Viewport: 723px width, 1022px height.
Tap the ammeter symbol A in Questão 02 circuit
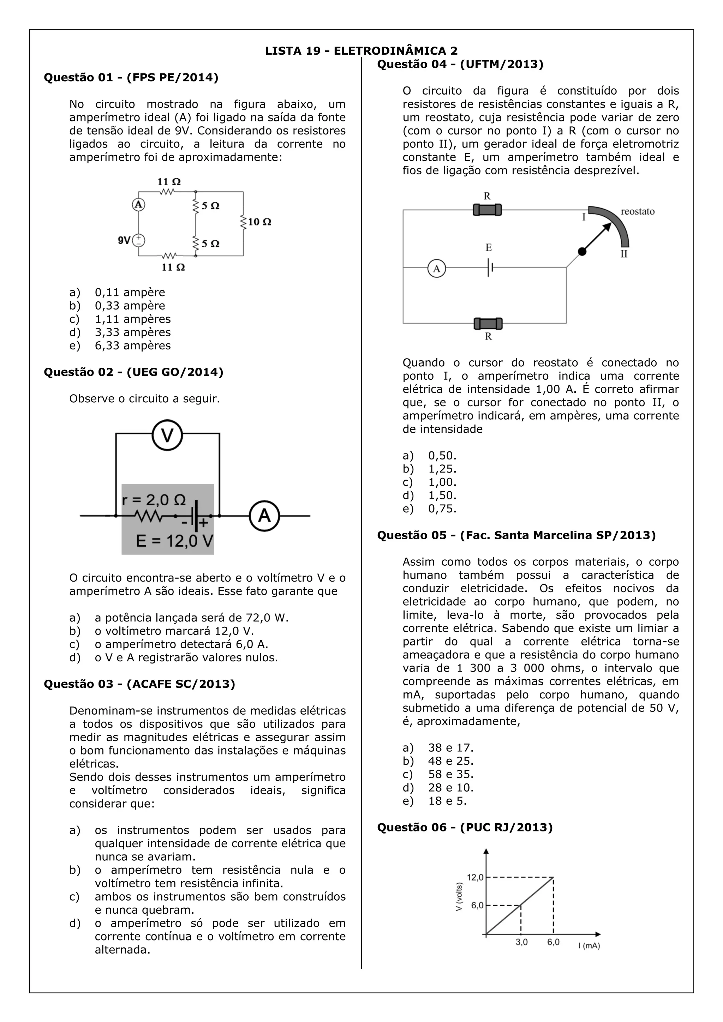click(264, 516)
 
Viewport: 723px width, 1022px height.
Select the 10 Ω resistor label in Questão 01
click(259, 222)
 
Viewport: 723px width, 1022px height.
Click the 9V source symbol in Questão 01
click(139, 240)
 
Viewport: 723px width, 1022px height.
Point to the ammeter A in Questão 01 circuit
click(138, 204)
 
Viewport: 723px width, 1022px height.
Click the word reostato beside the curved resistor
click(638, 211)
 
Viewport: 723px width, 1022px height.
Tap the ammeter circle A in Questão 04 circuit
click(436, 269)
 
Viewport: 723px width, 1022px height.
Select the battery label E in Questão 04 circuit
click(488, 247)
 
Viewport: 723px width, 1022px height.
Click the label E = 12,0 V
click(174, 541)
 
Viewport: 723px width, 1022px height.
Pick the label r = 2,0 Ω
click(154, 500)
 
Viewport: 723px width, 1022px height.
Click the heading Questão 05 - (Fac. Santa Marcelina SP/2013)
click(516, 535)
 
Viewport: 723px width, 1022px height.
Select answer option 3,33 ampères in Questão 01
click(133, 332)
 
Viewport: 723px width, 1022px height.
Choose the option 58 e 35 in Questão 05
click(450, 774)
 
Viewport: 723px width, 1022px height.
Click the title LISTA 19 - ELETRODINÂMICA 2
click(361, 51)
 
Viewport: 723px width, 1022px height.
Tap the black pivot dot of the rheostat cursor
click(582, 252)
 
